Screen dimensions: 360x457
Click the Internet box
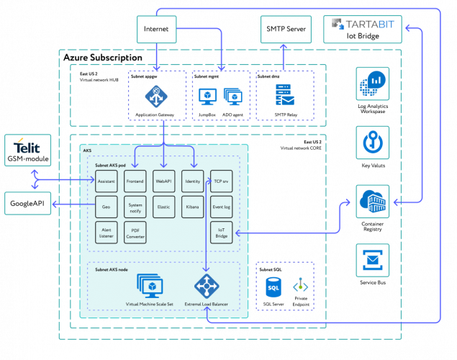pos(157,30)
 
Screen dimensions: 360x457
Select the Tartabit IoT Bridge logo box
pos(362,30)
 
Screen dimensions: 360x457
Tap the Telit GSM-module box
pos(28,149)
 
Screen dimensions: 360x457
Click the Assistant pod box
pos(107,181)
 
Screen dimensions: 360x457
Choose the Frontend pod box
pos(135,181)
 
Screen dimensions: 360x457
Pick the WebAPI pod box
pos(164,181)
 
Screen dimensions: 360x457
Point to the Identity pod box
pos(192,181)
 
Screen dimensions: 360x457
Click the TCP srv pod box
pos(222,181)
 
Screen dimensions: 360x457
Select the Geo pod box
pos(107,207)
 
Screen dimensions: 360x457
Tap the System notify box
pos(135,207)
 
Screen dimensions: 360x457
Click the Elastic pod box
pos(164,207)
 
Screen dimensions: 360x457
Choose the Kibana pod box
pos(192,207)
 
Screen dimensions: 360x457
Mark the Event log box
pos(222,207)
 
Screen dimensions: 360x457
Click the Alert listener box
pos(107,232)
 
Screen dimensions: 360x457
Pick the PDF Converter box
pos(135,232)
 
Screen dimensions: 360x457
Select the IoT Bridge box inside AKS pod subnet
pos(222,232)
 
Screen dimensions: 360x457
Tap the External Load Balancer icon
pos(207,287)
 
